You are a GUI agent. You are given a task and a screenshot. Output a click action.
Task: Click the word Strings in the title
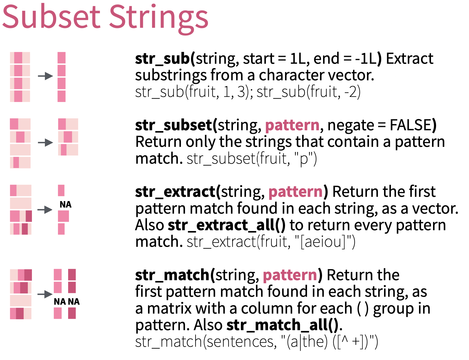pyautogui.click(x=159, y=19)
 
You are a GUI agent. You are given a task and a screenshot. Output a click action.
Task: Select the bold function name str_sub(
pyautogui.click(x=165, y=59)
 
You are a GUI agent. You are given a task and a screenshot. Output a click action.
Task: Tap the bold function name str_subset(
pyautogui.click(x=176, y=125)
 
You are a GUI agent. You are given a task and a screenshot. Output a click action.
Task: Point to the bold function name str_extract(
pyautogui.click(x=178, y=191)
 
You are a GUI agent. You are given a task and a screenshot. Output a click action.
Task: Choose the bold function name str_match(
pyautogui.click(x=175, y=275)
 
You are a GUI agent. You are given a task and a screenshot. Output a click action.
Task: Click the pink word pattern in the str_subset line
pyautogui.click(x=292, y=126)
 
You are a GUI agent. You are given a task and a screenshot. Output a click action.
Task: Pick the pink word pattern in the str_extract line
pyautogui.click(x=296, y=192)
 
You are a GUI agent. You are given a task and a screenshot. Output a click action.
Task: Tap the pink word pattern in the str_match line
pyautogui.click(x=290, y=276)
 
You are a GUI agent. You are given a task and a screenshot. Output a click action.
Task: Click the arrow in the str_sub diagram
pyautogui.click(x=45, y=76)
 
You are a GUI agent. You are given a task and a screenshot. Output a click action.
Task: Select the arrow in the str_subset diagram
pyautogui.click(x=45, y=143)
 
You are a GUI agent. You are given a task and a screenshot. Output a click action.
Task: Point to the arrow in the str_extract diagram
pyautogui.click(x=45, y=210)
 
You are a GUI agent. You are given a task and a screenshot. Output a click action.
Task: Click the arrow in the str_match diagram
pyautogui.click(x=45, y=294)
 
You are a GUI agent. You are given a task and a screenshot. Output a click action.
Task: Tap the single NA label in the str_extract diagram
pyautogui.click(x=65, y=204)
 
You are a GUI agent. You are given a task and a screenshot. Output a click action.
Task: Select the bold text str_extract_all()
pyautogui.click(x=227, y=225)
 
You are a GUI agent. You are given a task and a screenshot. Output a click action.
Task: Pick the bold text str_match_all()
pyautogui.click(x=282, y=325)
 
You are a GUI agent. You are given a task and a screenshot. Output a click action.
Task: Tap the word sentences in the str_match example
pyautogui.click(x=241, y=342)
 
